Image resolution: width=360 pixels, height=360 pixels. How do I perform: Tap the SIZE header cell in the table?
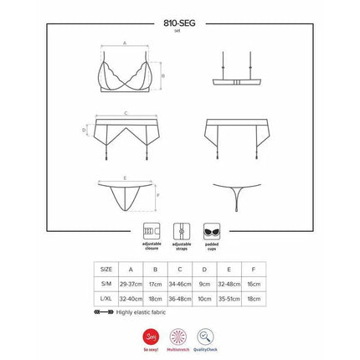click(x=105, y=270)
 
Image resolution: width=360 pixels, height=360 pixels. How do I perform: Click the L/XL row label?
click(x=105, y=298)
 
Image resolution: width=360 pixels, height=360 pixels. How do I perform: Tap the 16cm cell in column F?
click(x=254, y=284)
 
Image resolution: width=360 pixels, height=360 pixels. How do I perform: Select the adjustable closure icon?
click(x=151, y=229)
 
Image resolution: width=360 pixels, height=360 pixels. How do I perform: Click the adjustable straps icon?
click(x=179, y=229)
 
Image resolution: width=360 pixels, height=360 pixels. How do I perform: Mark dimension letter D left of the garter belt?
click(x=85, y=130)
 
